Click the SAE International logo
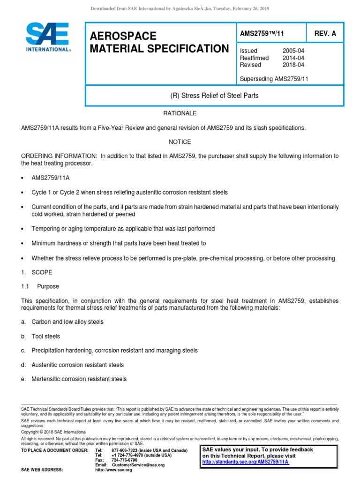tap(47, 39)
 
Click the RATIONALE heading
tap(180, 113)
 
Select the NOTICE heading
tap(180, 142)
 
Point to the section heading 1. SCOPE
tap(37, 272)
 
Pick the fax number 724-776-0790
tap(125, 460)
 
